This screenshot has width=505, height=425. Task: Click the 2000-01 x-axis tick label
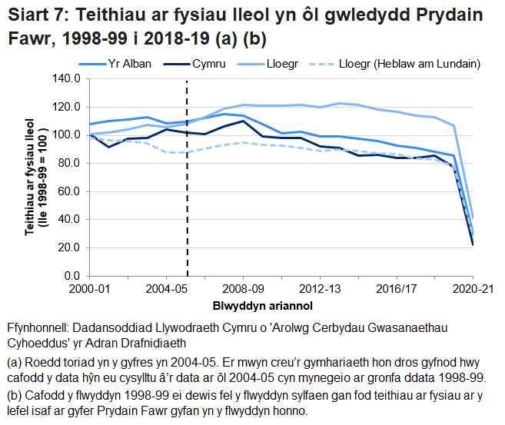(89, 289)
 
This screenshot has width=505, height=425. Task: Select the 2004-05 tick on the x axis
(166, 289)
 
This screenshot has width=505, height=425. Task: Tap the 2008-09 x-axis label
(243, 289)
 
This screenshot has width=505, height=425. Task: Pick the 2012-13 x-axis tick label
(319, 289)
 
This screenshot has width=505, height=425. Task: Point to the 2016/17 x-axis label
(396, 289)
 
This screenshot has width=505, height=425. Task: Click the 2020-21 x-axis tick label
(471, 289)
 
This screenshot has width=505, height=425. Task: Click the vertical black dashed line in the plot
(186, 192)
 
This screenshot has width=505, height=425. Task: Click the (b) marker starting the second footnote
(14, 396)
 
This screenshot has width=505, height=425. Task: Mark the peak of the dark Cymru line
(243, 121)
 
